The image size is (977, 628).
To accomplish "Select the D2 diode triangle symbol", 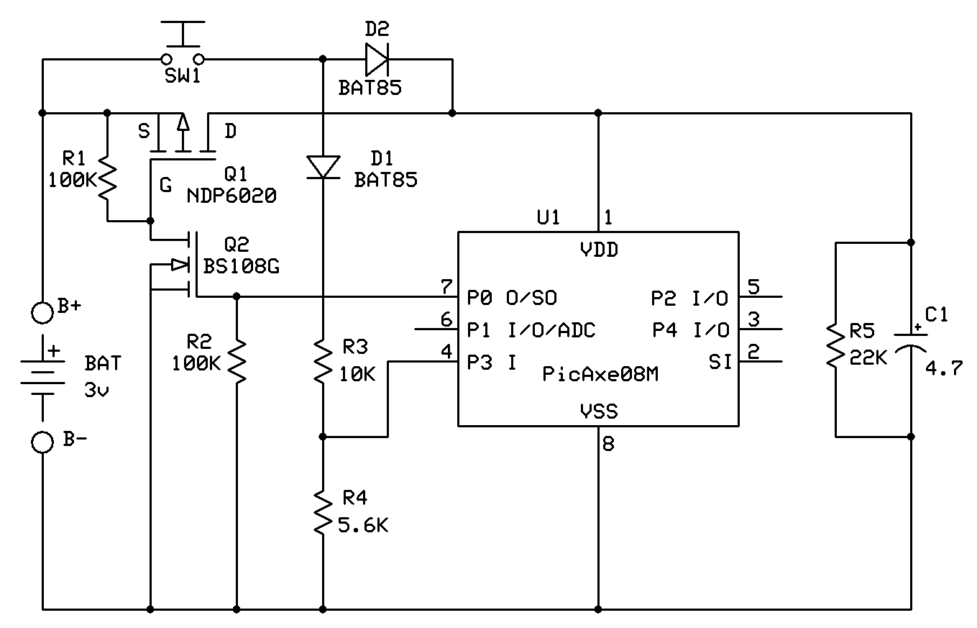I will click(x=376, y=59).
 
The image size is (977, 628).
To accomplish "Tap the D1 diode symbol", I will click(x=323, y=167).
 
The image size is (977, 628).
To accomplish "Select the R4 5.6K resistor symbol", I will click(x=323, y=511).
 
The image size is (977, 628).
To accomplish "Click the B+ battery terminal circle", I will click(x=43, y=312).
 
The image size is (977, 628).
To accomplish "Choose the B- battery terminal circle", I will click(x=43, y=442).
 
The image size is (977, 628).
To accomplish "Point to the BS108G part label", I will click(x=242, y=266).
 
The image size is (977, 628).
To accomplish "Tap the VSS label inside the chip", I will click(x=599, y=411).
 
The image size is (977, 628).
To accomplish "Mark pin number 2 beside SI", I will click(x=753, y=352).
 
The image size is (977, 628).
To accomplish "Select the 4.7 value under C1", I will click(x=944, y=370).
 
